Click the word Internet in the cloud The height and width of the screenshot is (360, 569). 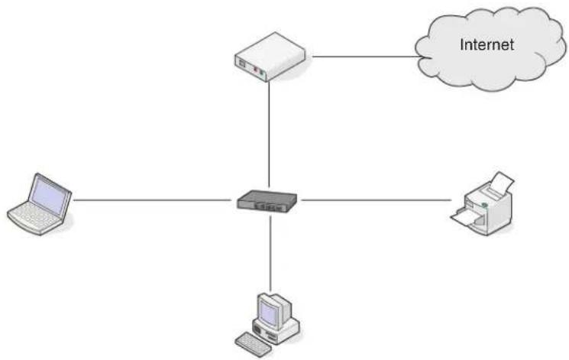tap(487, 44)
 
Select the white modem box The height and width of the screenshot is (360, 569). tap(270, 57)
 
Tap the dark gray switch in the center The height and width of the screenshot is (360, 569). tap(267, 201)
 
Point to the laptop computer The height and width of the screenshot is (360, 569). tap(40, 204)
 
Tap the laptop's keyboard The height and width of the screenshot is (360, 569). tap(34, 217)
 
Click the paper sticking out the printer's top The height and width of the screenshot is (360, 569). tap(502, 183)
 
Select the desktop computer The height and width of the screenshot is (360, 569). tap(268, 325)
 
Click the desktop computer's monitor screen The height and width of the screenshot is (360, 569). tap(269, 313)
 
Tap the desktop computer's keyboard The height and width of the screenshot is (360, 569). tap(253, 345)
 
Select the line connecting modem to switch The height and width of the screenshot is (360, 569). tap(269, 134)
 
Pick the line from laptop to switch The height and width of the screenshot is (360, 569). tap(152, 199)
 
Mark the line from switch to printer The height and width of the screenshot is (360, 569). tap(377, 199)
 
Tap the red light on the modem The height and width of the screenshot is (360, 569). tap(255, 69)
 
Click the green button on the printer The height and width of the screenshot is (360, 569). tap(484, 206)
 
